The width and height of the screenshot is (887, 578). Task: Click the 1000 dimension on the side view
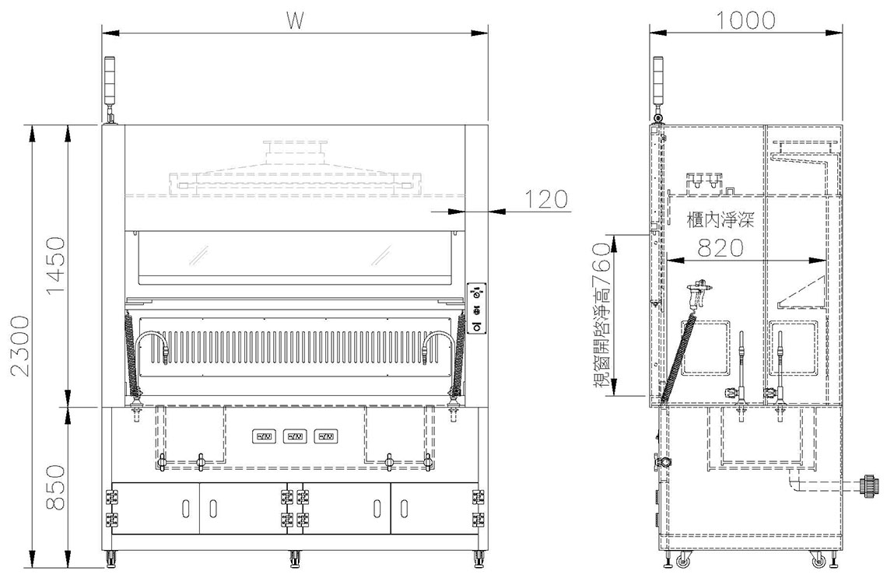[x=746, y=20]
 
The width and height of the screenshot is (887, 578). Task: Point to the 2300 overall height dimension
[x=20, y=345]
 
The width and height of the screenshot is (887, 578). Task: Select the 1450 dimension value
[x=55, y=266]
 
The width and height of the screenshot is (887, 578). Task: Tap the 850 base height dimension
[x=55, y=488]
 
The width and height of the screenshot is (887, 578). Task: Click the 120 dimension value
[x=545, y=200]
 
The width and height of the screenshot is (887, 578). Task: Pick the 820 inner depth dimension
[x=720, y=247]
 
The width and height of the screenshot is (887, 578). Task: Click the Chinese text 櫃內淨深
[x=720, y=219]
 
